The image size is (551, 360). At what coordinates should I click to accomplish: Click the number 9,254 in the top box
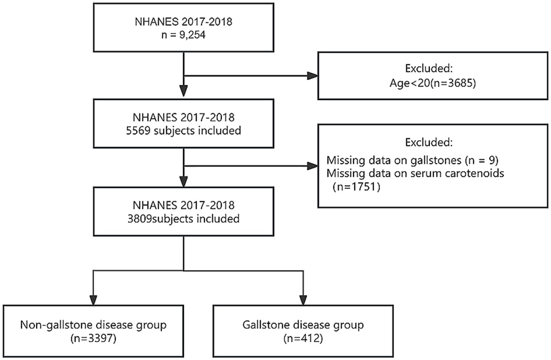[192, 35]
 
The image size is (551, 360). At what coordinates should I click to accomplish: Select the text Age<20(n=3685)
[433, 83]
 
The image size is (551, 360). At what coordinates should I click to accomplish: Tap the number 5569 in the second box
[138, 131]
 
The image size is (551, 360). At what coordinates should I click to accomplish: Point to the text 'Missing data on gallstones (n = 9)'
[413, 160]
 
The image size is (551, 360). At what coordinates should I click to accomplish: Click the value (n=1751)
[357, 187]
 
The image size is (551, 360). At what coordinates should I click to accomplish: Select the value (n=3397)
[93, 338]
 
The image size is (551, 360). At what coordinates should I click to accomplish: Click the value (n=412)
[303, 338]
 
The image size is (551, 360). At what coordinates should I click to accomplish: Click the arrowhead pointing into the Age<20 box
[312, 76]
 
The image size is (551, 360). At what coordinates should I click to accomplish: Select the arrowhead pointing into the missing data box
[312, 166]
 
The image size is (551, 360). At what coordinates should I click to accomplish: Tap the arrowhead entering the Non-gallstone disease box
[93, 300]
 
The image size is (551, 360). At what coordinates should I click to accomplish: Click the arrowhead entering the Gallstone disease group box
[303, 300]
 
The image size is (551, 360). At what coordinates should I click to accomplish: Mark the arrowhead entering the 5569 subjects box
[184, 91]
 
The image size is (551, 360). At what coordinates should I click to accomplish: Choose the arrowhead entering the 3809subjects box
[184, 182]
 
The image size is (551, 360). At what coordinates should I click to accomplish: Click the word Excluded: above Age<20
[429, 68]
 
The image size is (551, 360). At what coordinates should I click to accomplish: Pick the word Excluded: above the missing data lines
[429, 142]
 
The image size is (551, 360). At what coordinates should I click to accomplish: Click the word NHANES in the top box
[157, 22]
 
